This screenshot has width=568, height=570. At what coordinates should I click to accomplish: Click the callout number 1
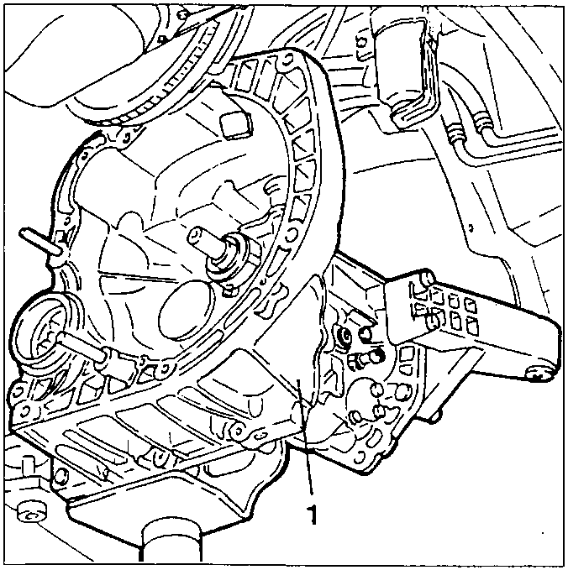click(312, 513)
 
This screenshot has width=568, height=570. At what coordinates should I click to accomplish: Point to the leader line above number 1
click(306, 437)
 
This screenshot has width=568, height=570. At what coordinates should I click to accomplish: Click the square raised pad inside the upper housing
click(236, 124)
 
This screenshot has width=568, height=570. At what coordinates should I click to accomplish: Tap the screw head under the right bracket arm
click(539, 373)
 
